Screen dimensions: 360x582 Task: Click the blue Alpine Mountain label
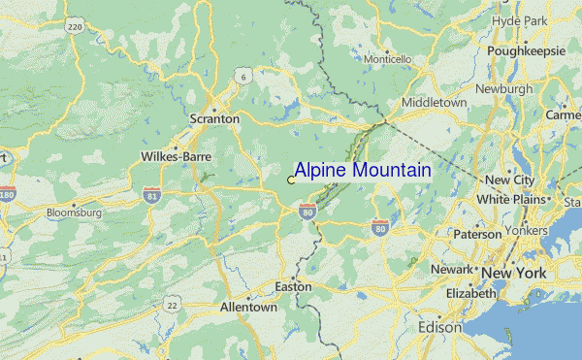pos(363,171)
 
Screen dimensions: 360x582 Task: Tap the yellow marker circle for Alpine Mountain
pos(291,180)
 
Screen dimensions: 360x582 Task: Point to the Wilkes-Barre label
pos(176,155)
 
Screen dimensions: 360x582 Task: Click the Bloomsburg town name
pos(74,212)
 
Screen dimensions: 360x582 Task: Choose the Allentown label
pos(248,307)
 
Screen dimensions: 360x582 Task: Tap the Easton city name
pos(293,287)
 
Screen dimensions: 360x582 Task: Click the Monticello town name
pos(388,59)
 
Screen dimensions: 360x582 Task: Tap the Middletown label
pos(435,102)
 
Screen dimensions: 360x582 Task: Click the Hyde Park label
pos(520,19)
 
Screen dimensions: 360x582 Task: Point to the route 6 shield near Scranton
pos(245,75)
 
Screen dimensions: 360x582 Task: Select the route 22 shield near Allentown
pos(172,305)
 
